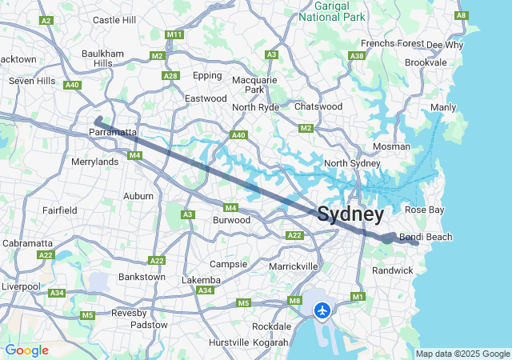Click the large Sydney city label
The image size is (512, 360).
coord(350,214)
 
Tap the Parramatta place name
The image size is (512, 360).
coord(114,132)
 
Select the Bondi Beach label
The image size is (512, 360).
coord(426,237)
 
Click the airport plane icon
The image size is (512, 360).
coord(322,310)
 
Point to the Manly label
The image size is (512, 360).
coord(443,107)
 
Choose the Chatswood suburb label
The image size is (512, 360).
coord(318,106)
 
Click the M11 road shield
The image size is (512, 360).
coord(174,34)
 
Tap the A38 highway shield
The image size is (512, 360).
coord(358,55)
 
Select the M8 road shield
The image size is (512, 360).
coord(294,301)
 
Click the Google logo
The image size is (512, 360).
coord(26,350)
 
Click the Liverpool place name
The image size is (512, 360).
coord(20,286)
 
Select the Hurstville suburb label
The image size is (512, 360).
coord(228,342)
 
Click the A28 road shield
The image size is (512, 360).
coord(170,75)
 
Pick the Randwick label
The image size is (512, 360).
coord(393,270)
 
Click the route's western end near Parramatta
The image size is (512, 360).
coord(98,121)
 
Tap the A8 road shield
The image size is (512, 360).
coord(483,15)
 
